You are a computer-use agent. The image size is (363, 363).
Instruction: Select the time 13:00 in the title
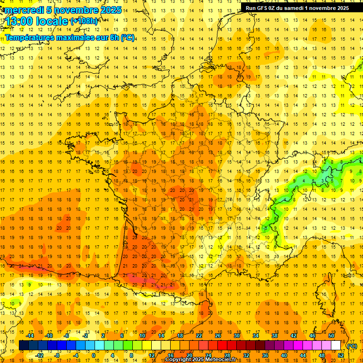[x=19, y=21]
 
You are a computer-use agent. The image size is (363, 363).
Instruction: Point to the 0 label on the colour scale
[x=93, y=355]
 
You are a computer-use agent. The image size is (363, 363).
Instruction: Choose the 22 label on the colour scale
[x=199, y=336]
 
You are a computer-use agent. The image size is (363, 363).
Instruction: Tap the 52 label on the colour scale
[x=340, y=355]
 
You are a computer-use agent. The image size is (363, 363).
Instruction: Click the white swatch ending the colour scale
[x=336, y=346]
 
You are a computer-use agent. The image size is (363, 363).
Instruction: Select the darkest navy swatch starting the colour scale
[x=24, y=346]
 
